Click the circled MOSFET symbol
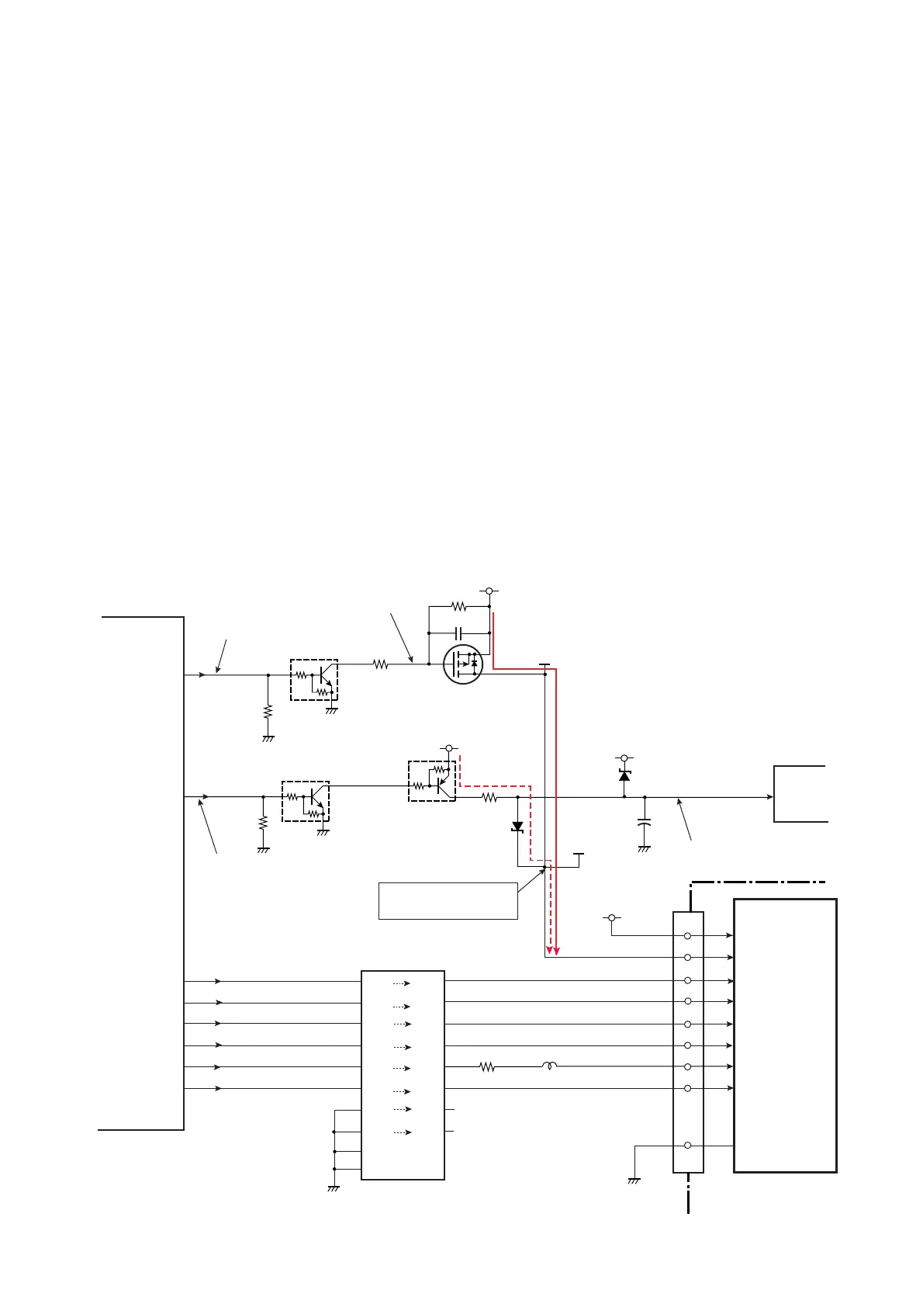click(x=463, y=664)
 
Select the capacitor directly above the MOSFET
click(x=459, y=633)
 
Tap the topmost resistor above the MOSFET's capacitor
click(x=459, y=606)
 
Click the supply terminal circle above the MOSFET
click(x=489, y=591)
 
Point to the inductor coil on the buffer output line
click(x=550, y=1067)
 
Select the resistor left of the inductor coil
click(x=487, y=1067)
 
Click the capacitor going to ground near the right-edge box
click(x=644, y=823)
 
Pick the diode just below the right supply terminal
click(x=624, y=775)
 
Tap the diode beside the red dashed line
click(x=517, y=826)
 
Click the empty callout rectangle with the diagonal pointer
click(x=448, y=900)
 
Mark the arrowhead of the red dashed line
click(x=549, y=951)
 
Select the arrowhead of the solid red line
click(x=557, y=951)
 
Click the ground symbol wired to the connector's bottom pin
click(x=634, y=1180)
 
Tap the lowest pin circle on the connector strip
click(x=688, y=1146)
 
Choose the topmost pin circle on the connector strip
click(x=688, y=936)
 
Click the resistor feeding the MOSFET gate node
click(x=380, y=664)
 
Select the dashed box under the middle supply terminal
click(x=432, y=781)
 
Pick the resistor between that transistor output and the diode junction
click(x=489, y=797)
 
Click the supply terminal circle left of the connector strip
click(x=611, y=918)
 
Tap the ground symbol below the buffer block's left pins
click(x=334, y=1187)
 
